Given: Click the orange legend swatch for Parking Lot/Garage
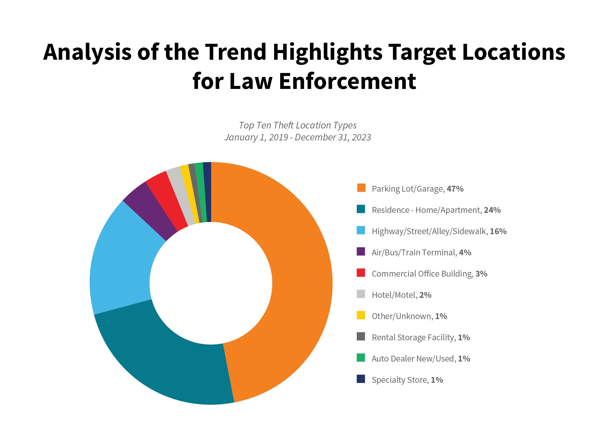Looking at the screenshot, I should point(361,188).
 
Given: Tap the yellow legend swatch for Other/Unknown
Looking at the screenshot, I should point(361,315).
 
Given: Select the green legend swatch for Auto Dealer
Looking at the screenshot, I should point(361,358).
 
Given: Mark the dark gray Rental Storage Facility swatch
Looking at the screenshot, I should point(361,336).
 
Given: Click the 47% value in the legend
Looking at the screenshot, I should point(455,189).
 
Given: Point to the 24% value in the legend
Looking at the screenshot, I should point(492,210).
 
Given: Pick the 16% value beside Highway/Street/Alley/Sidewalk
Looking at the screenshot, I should point(498,231).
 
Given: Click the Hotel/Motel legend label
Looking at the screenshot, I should point(394,295).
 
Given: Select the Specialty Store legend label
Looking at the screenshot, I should point(400,380).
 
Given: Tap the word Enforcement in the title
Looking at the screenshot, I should point(347,81).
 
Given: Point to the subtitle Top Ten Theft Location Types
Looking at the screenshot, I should point(297,125).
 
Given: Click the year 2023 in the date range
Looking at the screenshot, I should point(361,137).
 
